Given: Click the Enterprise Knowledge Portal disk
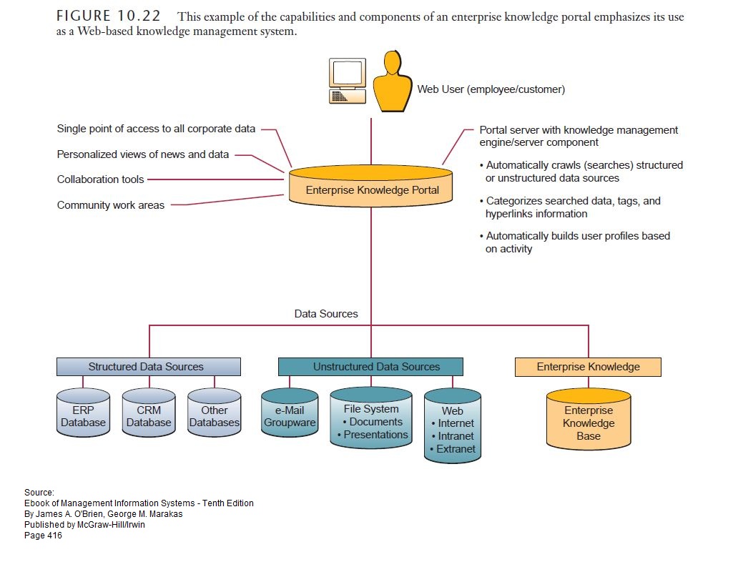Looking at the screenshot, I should point(370,187).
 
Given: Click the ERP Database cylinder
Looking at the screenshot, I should point(83,415).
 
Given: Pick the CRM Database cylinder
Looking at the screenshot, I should point(149,415).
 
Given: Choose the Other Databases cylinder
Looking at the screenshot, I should point(215,415).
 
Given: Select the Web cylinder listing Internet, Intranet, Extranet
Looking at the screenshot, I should point(452,428).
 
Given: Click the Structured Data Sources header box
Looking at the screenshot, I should point(149,367).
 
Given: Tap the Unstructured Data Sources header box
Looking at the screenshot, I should point(370,367).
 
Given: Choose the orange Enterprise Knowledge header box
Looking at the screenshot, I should point(588,367).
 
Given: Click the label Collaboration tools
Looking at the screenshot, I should point(100,179).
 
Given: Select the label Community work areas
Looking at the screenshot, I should point(111,205).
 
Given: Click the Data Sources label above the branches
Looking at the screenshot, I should point(326,314).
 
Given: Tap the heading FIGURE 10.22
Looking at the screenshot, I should point(108,16).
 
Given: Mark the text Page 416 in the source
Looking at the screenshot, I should point(43,536).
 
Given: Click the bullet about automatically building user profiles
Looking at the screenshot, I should point(578,242).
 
